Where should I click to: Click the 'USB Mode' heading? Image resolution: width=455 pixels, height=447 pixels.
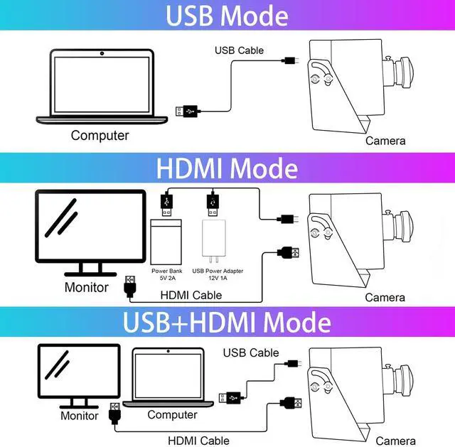point(227,16)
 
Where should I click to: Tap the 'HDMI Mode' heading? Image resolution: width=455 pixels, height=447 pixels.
point(227,168)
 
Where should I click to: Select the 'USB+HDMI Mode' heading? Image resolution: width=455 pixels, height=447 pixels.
point(227,322)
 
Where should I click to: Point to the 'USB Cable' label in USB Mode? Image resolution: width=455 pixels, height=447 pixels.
point(239,50)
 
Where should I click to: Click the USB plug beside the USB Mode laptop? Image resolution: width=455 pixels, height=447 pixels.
point(188,111)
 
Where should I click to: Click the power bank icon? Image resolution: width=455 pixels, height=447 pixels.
point(166,241)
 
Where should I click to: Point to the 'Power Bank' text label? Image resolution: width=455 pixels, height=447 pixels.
point(166,271)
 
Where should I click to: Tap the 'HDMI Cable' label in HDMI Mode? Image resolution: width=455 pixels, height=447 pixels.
point(191,295)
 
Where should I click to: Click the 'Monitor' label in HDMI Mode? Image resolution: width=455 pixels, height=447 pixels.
point(86,288)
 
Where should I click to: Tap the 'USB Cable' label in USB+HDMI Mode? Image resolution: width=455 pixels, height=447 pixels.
point(251,352)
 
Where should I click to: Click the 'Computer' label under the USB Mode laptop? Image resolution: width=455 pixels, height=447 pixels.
point(100,135)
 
